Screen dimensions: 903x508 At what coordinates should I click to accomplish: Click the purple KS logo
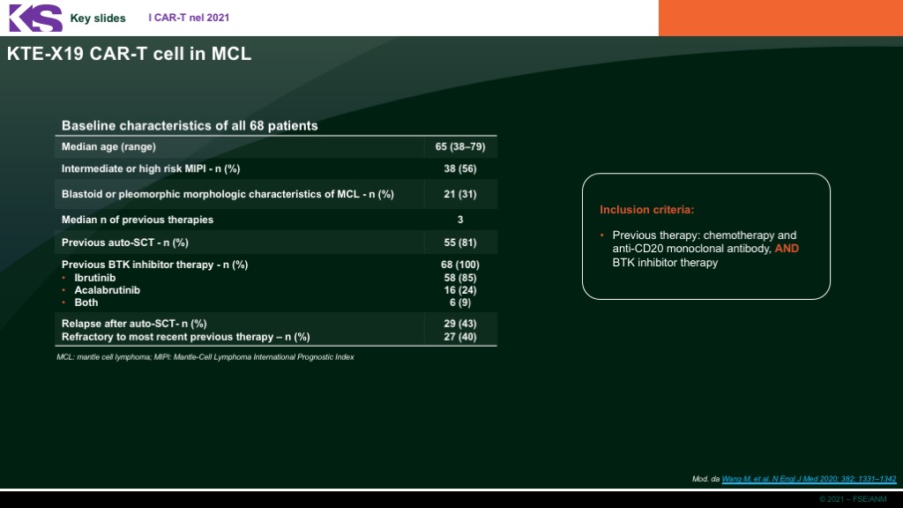(x=35, y=18)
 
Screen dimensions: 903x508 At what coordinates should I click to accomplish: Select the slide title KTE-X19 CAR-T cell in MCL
(x=129, y=54)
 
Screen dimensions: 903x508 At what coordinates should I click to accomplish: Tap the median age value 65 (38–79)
(x=460, y=147)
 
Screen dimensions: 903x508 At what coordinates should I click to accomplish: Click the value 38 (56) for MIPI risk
(x=460, y=168)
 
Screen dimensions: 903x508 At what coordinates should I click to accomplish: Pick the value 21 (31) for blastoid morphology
(x=460, y=194)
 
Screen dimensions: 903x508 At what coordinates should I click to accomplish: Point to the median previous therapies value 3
(x=460, y=220)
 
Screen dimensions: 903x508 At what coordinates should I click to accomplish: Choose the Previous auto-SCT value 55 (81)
(x=460, y=243)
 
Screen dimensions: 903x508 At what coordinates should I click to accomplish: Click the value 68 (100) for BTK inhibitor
(x=460, y=265)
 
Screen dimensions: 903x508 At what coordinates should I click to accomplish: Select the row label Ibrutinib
(x=95, y=278)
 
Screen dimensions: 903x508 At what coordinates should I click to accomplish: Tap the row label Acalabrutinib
(x=107, y=290)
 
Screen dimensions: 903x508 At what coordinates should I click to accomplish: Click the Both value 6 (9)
(x=460, y=303)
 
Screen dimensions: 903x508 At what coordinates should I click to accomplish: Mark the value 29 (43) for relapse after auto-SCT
(x=460, y=324)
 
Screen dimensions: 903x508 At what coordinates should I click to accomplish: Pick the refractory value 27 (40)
(x=460, y=337)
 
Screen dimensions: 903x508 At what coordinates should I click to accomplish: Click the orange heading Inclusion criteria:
(x=646, y=210)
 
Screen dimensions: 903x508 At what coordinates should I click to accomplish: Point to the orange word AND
(x=787, y=249)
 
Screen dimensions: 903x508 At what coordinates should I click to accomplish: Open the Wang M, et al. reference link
(x=809, y=479)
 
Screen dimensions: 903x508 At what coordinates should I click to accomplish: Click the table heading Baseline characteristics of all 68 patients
(x=190, y=125)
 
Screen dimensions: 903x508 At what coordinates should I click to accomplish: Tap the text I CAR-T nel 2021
(x=189, y=18)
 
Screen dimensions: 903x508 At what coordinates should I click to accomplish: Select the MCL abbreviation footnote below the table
(x=205, y=357)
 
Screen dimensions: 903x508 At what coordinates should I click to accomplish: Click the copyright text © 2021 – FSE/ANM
(x=853, y=499)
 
